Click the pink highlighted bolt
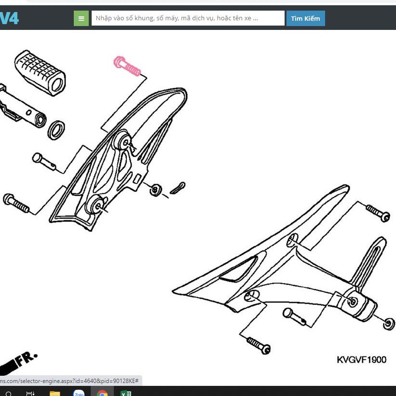(127, 66)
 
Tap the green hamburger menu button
(81, 18)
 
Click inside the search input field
(188, 18)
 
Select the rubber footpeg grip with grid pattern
(40, 73)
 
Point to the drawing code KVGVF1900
(361, 360)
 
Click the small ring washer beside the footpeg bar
(56, 130)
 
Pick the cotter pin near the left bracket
(178, 188)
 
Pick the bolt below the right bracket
(259, 345)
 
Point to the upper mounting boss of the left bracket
(123, 141)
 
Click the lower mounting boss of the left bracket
(96, 205)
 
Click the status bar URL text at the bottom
(69, 381)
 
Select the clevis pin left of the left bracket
(44, 161)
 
